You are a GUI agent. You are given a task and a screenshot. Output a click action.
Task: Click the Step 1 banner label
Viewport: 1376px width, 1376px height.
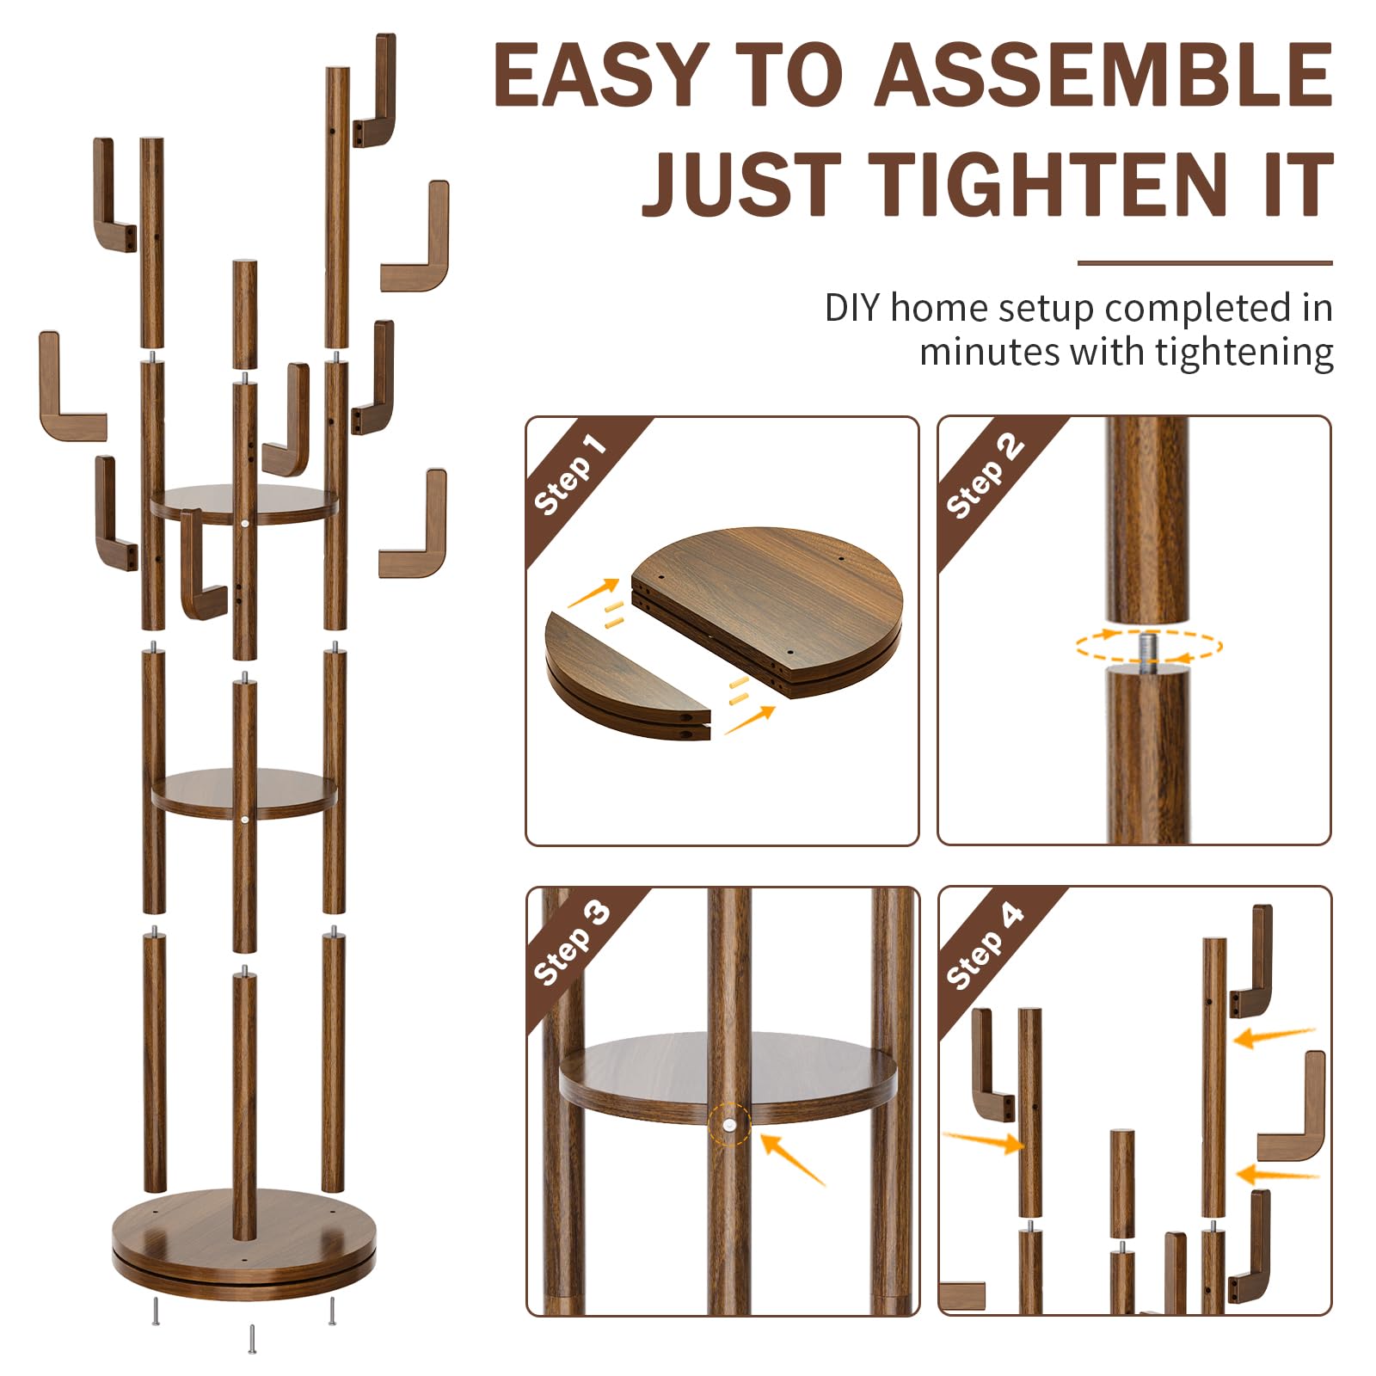point(570,474)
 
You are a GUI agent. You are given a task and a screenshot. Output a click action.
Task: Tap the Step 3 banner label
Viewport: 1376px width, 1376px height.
point(572,943)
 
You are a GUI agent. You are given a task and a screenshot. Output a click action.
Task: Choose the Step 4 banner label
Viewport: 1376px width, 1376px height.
point(985,945)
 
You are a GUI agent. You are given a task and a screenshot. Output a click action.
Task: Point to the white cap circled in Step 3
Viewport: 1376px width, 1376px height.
point(728,1123)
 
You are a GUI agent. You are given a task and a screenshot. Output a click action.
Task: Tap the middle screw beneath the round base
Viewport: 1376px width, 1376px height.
point(252,1338)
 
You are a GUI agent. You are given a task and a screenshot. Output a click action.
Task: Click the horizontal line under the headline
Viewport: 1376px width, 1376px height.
point(1205,263)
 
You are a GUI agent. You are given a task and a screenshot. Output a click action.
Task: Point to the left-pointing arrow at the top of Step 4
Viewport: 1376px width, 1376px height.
point(1275,1037)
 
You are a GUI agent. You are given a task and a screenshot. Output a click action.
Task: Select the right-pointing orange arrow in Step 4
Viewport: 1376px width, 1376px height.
point(984,1141)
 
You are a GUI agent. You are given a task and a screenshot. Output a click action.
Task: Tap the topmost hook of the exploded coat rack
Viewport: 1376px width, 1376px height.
point(375,90)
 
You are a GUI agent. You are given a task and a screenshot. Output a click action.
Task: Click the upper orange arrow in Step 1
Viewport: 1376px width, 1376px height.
point(593,593)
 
